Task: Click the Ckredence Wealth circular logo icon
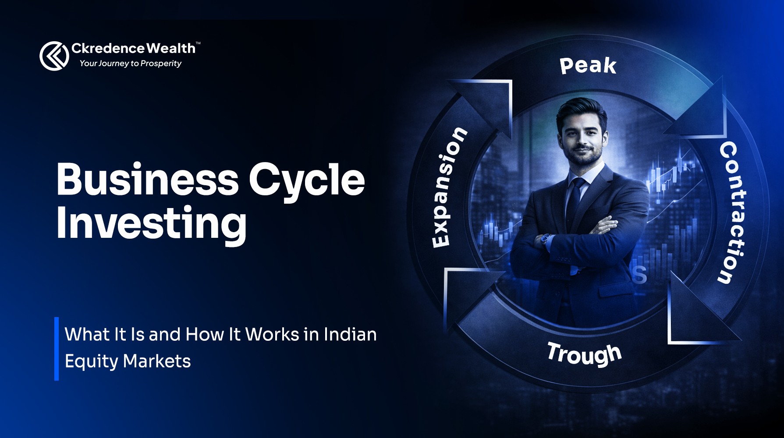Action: (x=54, y=56)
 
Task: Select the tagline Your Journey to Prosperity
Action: (x=130, y=64)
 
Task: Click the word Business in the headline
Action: (x=147, y=180)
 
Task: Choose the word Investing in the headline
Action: (x=151, y=223)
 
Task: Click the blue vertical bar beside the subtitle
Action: (x=57, y=349)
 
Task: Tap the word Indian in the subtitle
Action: (x=350, y=335)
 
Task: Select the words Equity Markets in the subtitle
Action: (x=128, y=361)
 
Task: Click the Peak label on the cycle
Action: (x=588, y=66)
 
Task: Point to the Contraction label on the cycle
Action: (x=733, y=212)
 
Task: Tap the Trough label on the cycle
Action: (x=585, y=354)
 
